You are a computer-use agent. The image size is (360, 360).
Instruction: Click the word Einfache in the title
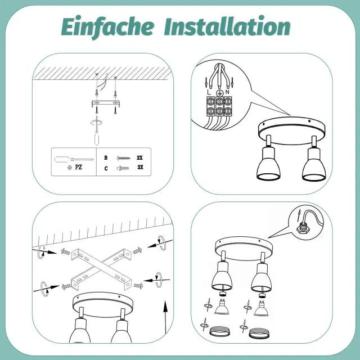pyautogui.click(x=107, y=26)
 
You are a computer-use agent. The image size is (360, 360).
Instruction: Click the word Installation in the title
pyautogui.click(x=227, y=26)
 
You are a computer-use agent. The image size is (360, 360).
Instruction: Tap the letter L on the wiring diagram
pyautogui.click(x=209, y=92)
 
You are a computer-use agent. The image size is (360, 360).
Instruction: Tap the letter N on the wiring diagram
pyautogui.click(x=227, y=92)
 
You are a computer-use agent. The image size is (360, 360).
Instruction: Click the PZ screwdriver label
pyautogui.click(x=78, y=167)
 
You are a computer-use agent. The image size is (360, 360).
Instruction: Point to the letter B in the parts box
pyautogui.click(x=106, y=157)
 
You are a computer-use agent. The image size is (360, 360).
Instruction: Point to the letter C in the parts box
pyautogui.click(x=106, y=169)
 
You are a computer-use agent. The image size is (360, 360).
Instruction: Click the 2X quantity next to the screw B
pyautogui.click(x=139, y=157)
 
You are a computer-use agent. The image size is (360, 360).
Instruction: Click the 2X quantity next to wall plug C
pyautogui.click(x=140, y=167)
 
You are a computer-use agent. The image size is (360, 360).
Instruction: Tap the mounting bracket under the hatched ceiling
pyautogui.click(x=106, y=103)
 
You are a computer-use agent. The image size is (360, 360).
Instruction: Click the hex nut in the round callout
pyautogui.click(x=302, y=228)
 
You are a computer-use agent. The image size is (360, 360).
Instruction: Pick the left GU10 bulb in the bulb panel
pyautogui.click(x=222, y=307)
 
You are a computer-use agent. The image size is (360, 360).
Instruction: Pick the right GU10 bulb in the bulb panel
pyautogui.click(x=261, y=308)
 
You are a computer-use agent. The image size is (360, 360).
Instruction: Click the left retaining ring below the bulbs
pyautogui.click(x=220, y=332)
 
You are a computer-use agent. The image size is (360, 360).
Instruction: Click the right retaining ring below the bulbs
pyautogui.click(x=259, y=333)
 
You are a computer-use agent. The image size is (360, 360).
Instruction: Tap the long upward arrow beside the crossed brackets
pyautogui.click(x=165, y=317)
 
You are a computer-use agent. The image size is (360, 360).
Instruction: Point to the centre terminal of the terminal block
pyautogui.click(x=220, y=106)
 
